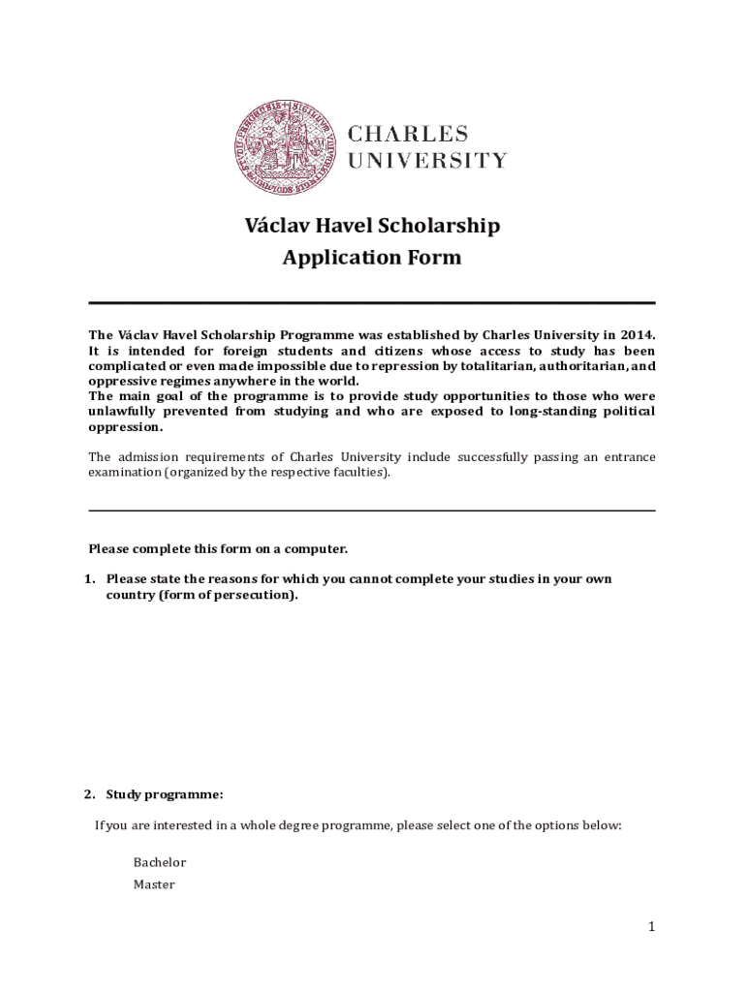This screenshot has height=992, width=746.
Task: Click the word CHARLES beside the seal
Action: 408,133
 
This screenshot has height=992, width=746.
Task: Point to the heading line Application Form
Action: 372,259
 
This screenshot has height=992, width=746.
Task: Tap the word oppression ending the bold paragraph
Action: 125,427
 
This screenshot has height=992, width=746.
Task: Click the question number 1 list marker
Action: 88,579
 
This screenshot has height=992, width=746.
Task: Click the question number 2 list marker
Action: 88,795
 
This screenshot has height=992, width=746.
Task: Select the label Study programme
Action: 165,795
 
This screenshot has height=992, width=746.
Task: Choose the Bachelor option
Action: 160,862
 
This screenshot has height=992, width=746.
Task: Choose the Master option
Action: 154,884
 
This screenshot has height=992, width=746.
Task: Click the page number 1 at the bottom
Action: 653,927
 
